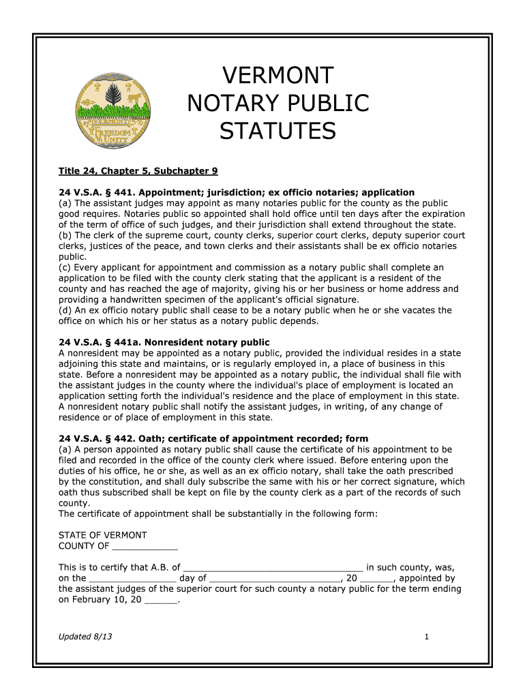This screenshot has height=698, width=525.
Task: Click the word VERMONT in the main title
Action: tap(277, 75)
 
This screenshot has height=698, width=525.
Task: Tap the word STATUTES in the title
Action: tap(277, 130)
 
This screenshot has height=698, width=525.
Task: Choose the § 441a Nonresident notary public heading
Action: tap(164, 342)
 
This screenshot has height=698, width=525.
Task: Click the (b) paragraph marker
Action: tap(65, 235)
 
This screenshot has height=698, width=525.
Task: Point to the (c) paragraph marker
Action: tap(65, 267)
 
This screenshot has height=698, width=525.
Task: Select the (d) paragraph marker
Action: tap(65, 310)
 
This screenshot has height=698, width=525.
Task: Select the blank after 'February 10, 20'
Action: tap(161, 600)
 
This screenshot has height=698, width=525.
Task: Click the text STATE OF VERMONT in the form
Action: tap(103, 535)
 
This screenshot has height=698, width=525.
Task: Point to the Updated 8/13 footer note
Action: tap(85, 637)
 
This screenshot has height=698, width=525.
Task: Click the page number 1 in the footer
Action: tap(426, 637)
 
